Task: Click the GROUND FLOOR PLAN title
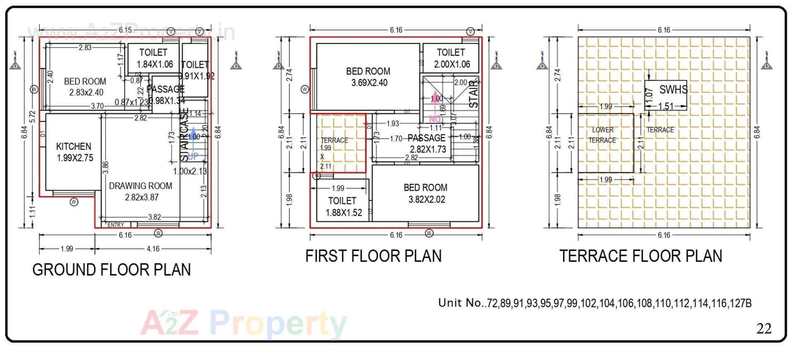111,270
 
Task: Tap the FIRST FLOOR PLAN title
373,256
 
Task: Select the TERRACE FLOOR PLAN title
641,256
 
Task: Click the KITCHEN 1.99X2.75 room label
74,152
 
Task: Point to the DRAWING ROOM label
140,191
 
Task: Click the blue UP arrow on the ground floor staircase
193,143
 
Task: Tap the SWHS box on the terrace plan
665,95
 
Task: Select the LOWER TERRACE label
602,135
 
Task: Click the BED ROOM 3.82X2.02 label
426,193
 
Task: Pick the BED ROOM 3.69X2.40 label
369,77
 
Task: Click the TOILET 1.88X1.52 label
343,207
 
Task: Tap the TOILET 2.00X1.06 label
451,58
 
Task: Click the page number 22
764,329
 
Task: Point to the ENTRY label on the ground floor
116,225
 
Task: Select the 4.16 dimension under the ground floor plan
153,249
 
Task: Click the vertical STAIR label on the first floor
473,94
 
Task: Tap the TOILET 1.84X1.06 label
154,58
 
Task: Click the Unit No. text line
595,303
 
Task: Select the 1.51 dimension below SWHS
666,106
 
